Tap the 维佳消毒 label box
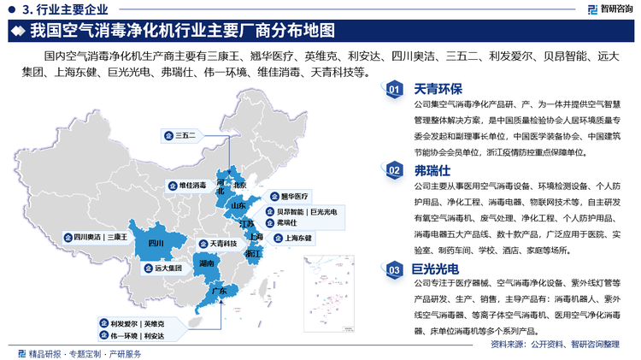tap(191, 185)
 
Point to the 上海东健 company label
tap(297, 238)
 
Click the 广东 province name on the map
tap(219, 291)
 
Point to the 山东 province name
tap(238, 205)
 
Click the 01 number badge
tap(394, 90)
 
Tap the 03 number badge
tap(394, 270)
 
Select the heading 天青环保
tap(438, 89)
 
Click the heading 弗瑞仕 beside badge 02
tap(432, 170)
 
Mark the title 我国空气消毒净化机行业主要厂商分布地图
tap(181, 33)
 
